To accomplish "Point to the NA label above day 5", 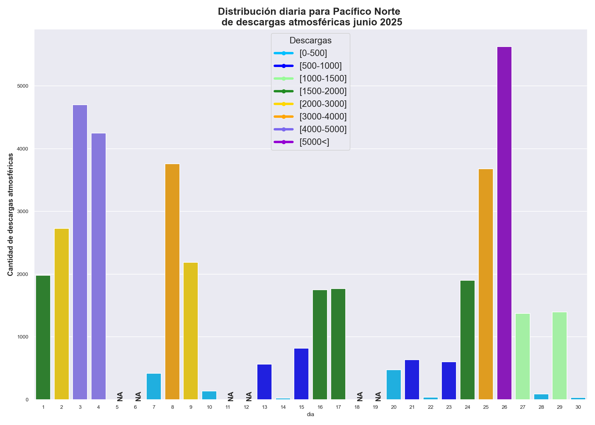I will pyautogui.click(x=120, y=396).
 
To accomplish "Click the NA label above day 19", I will pyautogui.click(x=378, y=396).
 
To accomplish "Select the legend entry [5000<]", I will pyautogui.click(x=314, y=142).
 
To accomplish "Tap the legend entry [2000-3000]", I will pyautogui.click(x=323, y=104).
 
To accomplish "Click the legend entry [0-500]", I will pyautogui.click(x=313, y=53).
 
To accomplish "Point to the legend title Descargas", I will pyautogui.click(x=310, y=40).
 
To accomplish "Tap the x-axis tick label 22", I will pyautogui.click(x=431, y=407).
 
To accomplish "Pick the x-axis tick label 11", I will pyautogui.click(x=228, y=407).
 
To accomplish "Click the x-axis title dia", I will pyautogui.click(x=310, y=415).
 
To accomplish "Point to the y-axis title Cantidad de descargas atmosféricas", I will pyautogui.click(x=11, y=215).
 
